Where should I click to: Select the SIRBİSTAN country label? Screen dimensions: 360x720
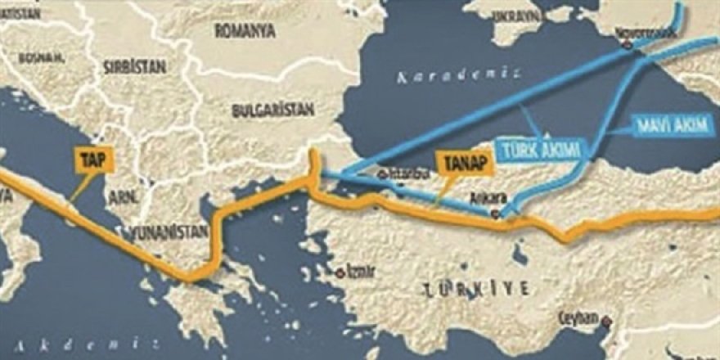click(135, 67)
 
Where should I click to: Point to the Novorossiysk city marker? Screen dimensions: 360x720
click(628, 46)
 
